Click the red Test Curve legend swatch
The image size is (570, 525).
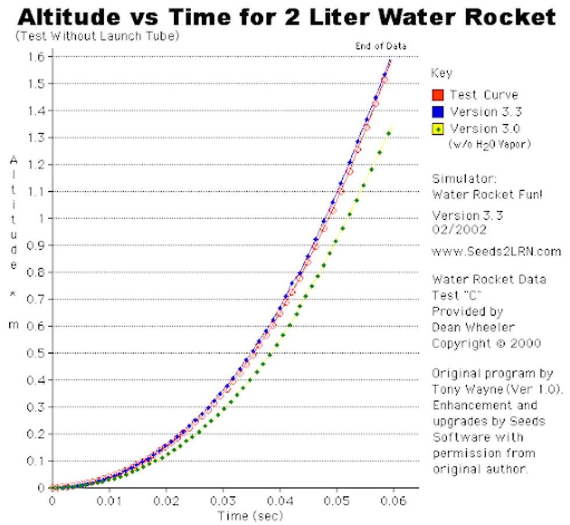(x=438, y=95)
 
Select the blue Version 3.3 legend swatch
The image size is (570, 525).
(x=438, y=112)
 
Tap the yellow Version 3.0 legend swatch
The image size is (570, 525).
(x=438, y=129)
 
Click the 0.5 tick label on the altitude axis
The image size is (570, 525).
(x=37, y=353)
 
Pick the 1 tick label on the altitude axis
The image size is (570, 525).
(x=41, y=218)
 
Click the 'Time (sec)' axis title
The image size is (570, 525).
(x=250, y=516)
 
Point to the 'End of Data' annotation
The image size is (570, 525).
(x=381, y=46)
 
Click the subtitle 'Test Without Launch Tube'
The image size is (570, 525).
(x=97, y=36)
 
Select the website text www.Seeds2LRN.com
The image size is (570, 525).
(x=496, y=251)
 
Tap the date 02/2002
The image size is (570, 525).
(x=459, y=229)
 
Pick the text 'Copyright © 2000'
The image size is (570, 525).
(x=486, y=343)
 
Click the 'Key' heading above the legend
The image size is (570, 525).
(x=441, y=73)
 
